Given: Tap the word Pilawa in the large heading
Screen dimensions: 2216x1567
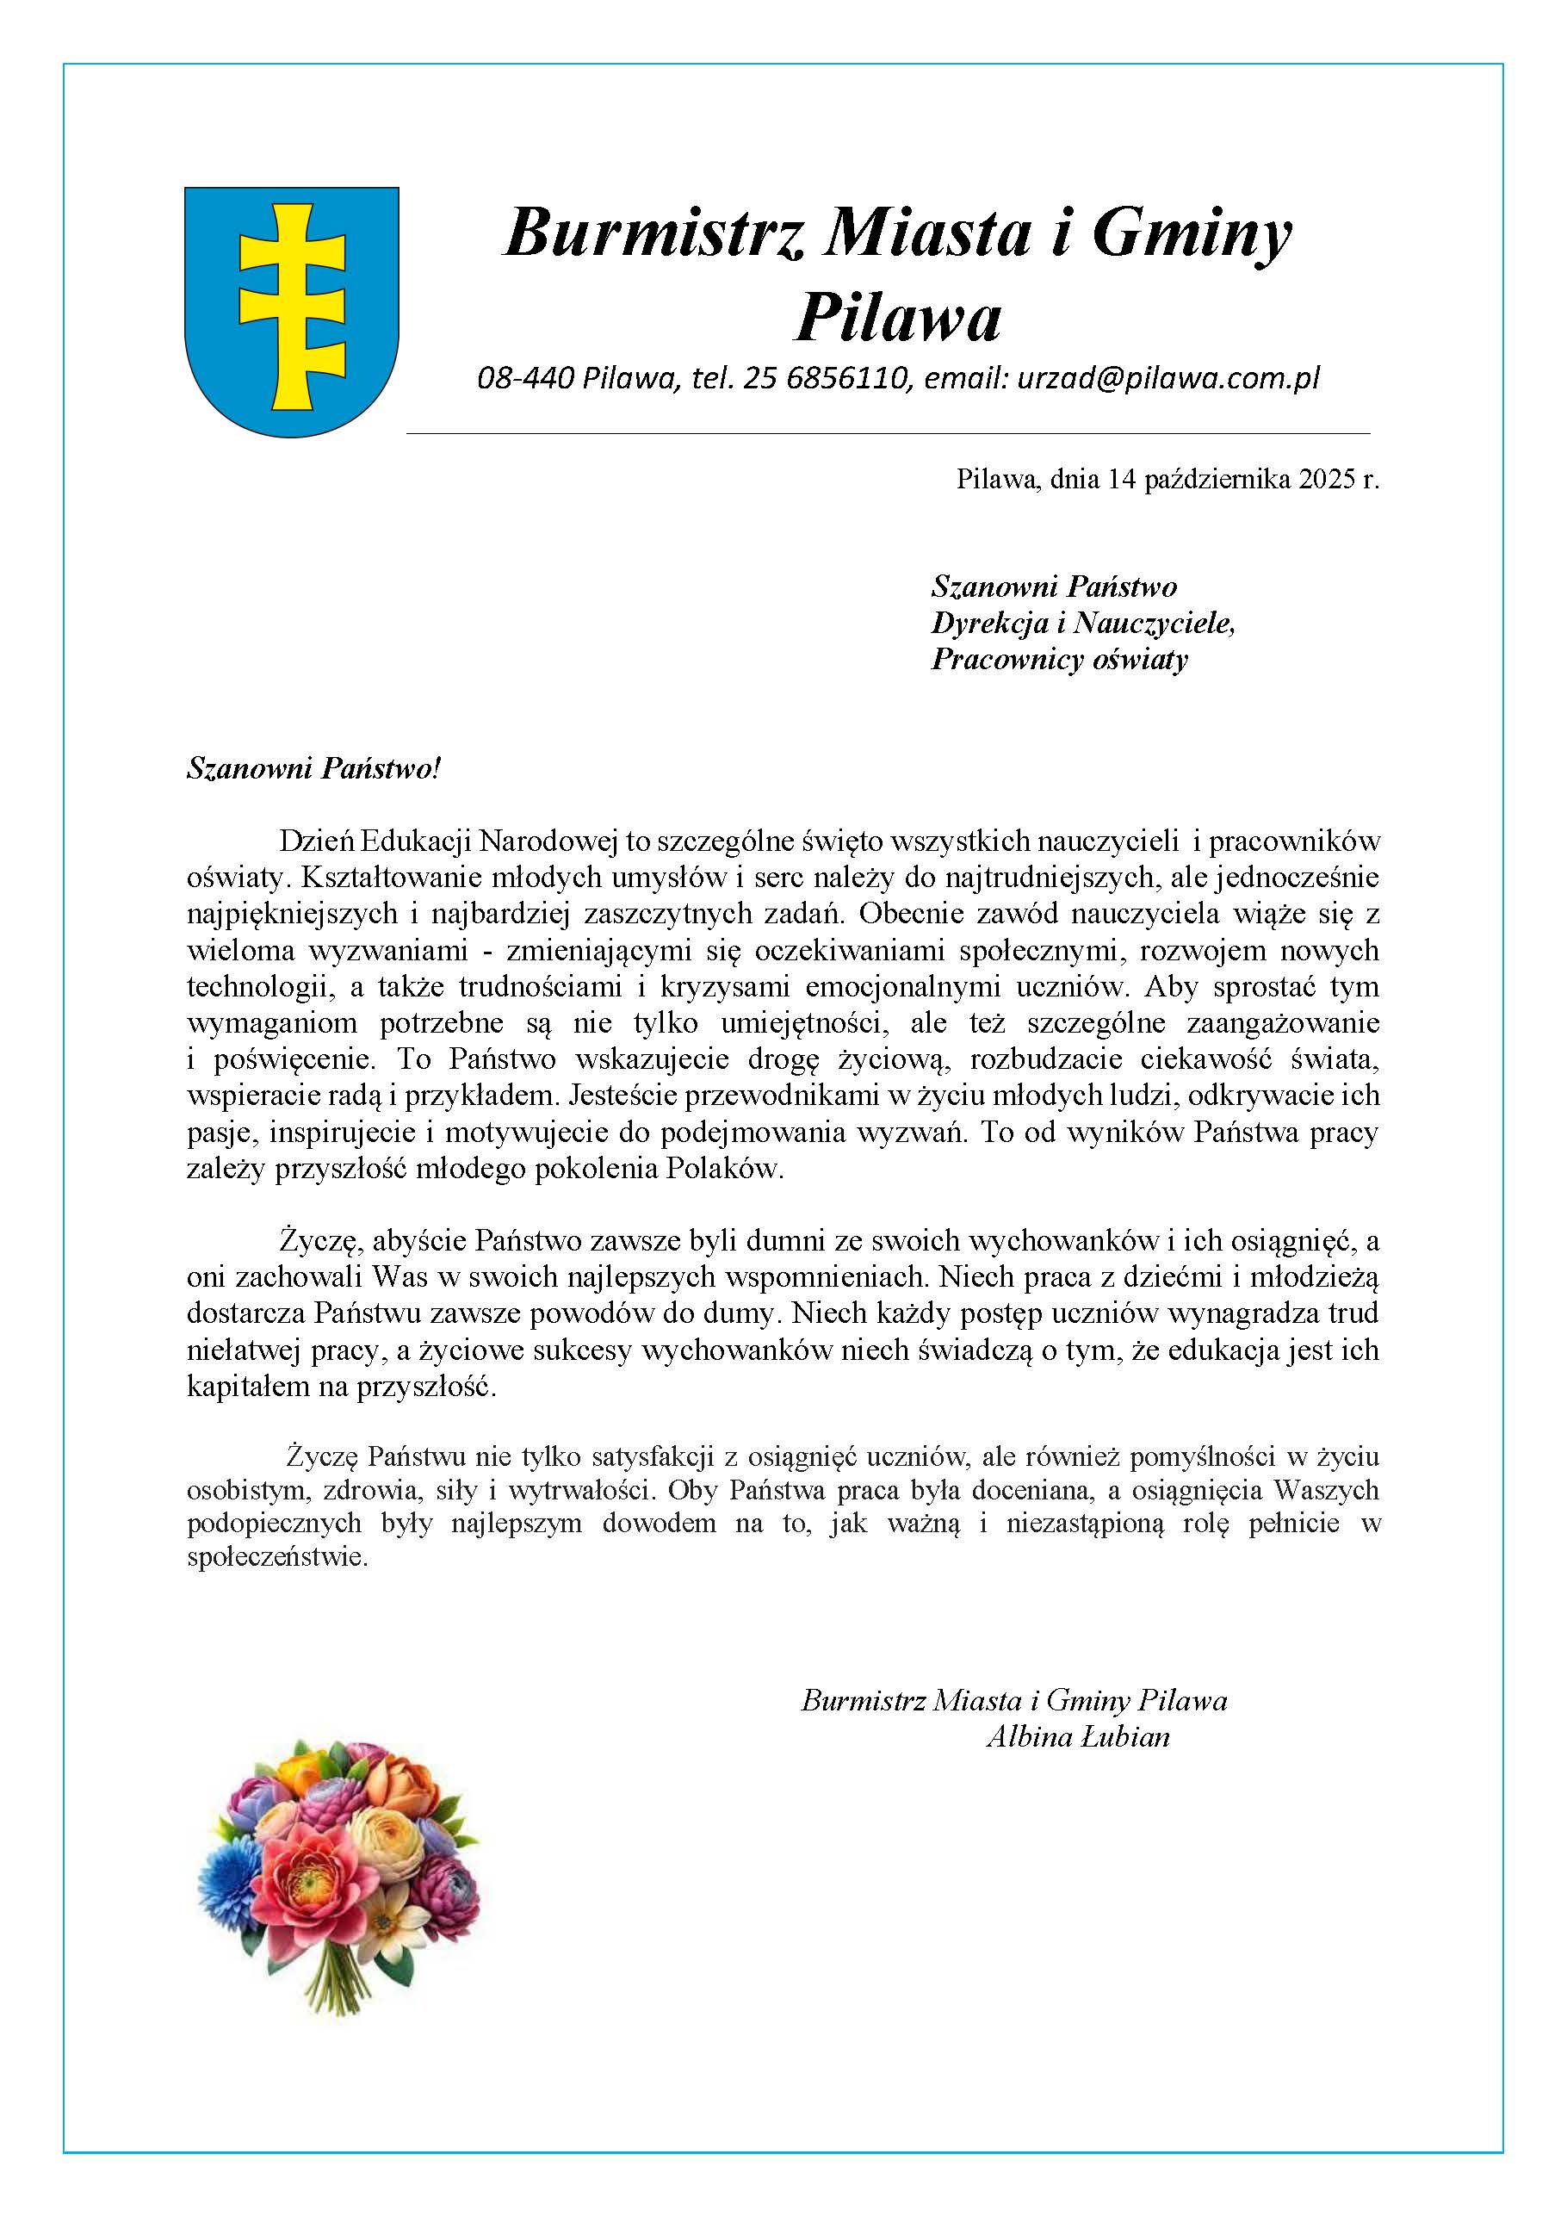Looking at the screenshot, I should tap(897, 318).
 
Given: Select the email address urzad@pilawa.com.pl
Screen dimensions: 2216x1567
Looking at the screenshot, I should tap(1168, 378).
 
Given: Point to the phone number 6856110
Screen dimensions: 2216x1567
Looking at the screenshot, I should tap(848, 378).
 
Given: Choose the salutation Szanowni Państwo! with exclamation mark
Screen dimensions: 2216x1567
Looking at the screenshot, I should tap(313, 769).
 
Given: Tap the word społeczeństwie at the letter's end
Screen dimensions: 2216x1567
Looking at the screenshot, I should tap(277, 1557).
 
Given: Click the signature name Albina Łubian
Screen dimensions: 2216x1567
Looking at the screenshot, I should tap(1077, 1737).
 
